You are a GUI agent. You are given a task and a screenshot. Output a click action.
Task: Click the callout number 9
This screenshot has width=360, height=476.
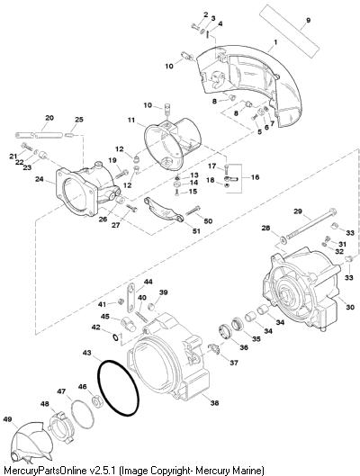[309, 21]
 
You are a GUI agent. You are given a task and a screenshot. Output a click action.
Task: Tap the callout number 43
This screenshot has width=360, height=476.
[86, 353]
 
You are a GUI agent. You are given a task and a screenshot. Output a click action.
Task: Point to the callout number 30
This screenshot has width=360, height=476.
[350, 307]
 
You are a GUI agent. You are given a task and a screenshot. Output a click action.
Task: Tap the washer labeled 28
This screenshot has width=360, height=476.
[283, 240]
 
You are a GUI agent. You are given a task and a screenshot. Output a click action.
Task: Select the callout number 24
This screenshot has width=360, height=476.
[40, 179]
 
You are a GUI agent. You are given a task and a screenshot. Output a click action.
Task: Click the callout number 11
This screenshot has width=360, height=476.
[131, 121]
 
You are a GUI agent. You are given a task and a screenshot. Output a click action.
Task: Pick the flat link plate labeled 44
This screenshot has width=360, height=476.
[130, 298]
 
